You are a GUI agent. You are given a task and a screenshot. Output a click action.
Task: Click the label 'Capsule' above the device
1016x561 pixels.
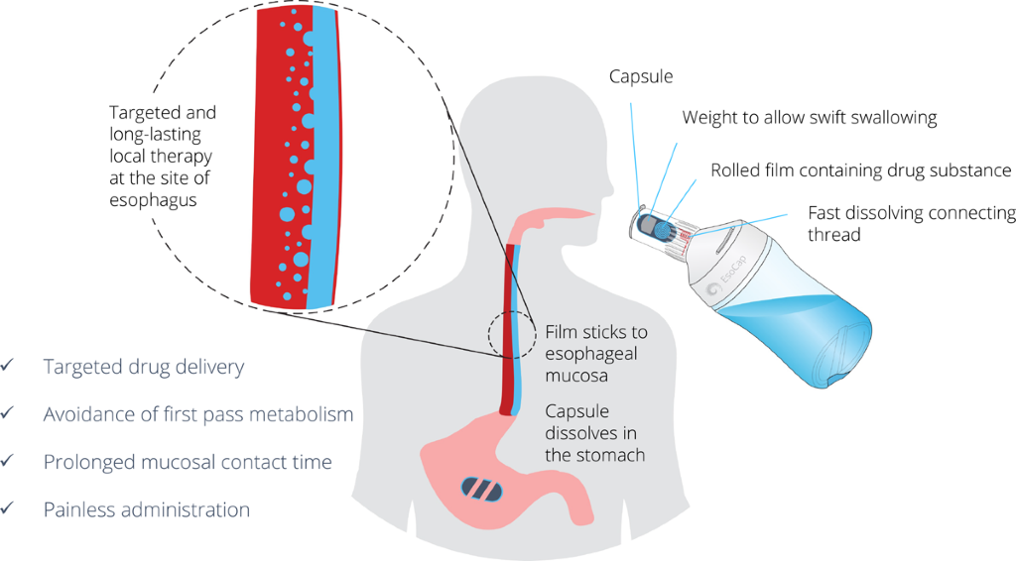[x=641, y=77]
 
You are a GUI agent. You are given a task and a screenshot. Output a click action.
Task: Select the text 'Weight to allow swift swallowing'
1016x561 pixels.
[x=809, y=118]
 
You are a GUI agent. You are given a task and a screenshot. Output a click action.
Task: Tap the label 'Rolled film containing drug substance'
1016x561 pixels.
[x=861, y=170]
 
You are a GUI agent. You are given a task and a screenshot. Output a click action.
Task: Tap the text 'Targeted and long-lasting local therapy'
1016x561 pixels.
[x=163, y=135]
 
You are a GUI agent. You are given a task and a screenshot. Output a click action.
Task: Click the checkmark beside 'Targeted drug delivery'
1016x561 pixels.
[x=9, y=367]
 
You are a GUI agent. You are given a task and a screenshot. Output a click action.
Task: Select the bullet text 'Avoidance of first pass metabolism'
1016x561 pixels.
[x=198, y=414]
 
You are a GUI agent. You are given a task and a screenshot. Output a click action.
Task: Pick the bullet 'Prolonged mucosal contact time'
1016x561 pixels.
[x=188, y=462]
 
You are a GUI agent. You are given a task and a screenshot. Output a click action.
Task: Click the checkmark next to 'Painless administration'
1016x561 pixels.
[x=9, y=509]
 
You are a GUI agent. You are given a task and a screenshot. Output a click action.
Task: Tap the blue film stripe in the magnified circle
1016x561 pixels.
[x=318, y=159]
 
